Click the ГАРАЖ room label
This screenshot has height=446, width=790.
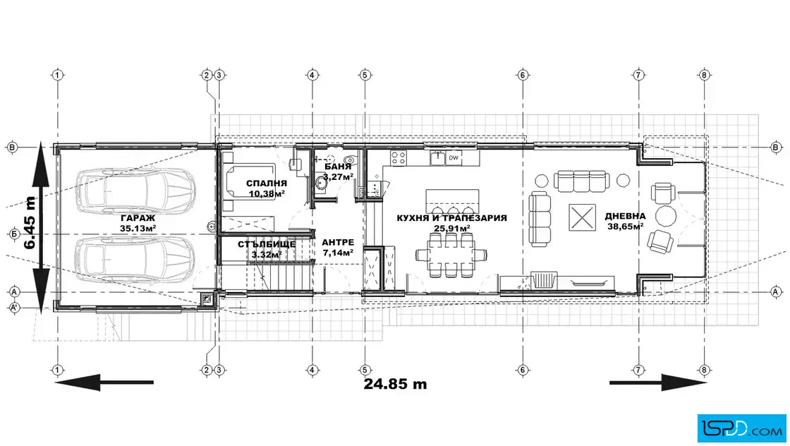[138, 218]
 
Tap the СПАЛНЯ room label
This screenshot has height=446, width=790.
[267, 183]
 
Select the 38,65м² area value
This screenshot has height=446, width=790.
[625, 227]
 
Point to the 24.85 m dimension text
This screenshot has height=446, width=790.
[395, 384]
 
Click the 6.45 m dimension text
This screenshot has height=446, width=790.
[30, 223]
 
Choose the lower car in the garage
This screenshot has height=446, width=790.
[135, 260]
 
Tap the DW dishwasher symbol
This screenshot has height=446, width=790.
[454, 158]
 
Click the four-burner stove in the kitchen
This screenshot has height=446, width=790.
[399, 158]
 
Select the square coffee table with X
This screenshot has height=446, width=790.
[582, 218]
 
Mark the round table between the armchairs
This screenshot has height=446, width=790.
[666, 216]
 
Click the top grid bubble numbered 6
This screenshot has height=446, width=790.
[523, 75]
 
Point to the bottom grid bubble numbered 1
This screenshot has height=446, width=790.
[57, 370]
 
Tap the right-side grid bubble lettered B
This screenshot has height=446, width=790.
[775, 147]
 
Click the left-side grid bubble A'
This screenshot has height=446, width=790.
[14, 308]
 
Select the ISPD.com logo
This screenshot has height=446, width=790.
[741, 428]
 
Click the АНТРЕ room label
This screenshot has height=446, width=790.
[338, 242]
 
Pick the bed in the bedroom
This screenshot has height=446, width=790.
[250, 181]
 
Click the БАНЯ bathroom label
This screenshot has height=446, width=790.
[338, 167]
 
